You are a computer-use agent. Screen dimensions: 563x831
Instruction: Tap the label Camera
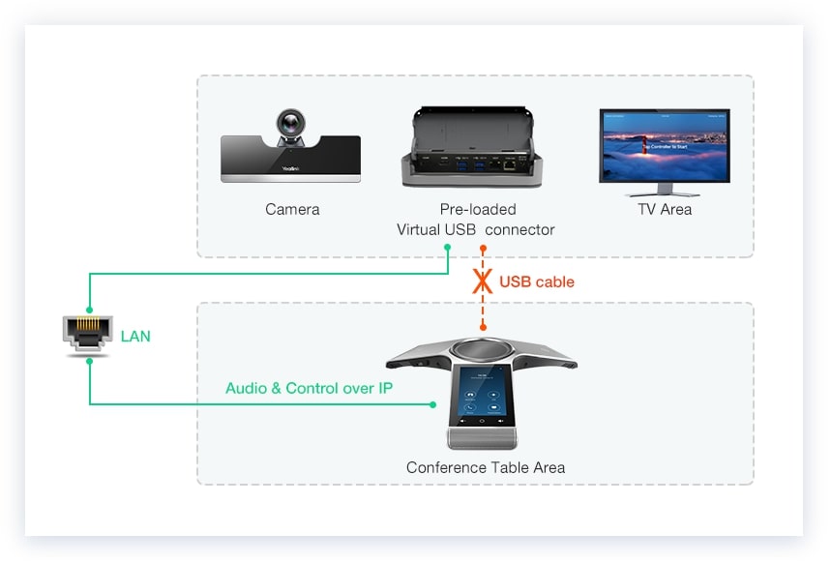pyautogui.click(x=292, y=209)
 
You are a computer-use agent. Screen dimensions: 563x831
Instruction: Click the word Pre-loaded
pyautogui.click(x=478, y=209)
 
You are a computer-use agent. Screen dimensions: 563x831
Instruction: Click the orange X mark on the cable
pyautogui.click(x=482, y=281)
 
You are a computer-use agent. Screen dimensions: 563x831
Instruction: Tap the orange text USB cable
pyautogui.click(x=537, y=282)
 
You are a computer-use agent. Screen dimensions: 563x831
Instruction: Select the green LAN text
pyautogui.click(x=135, y=337)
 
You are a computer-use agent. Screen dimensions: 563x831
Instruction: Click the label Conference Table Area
pyautogui.click(x=485, y=467)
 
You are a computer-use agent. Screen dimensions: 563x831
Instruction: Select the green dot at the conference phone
pyautogui.click(x=432, y=404)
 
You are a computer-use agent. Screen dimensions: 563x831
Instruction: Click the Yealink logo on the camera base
pyautogui.click(x=289, y=167)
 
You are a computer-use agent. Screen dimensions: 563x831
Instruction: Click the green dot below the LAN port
pyautogui.click(x=89, y=361)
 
